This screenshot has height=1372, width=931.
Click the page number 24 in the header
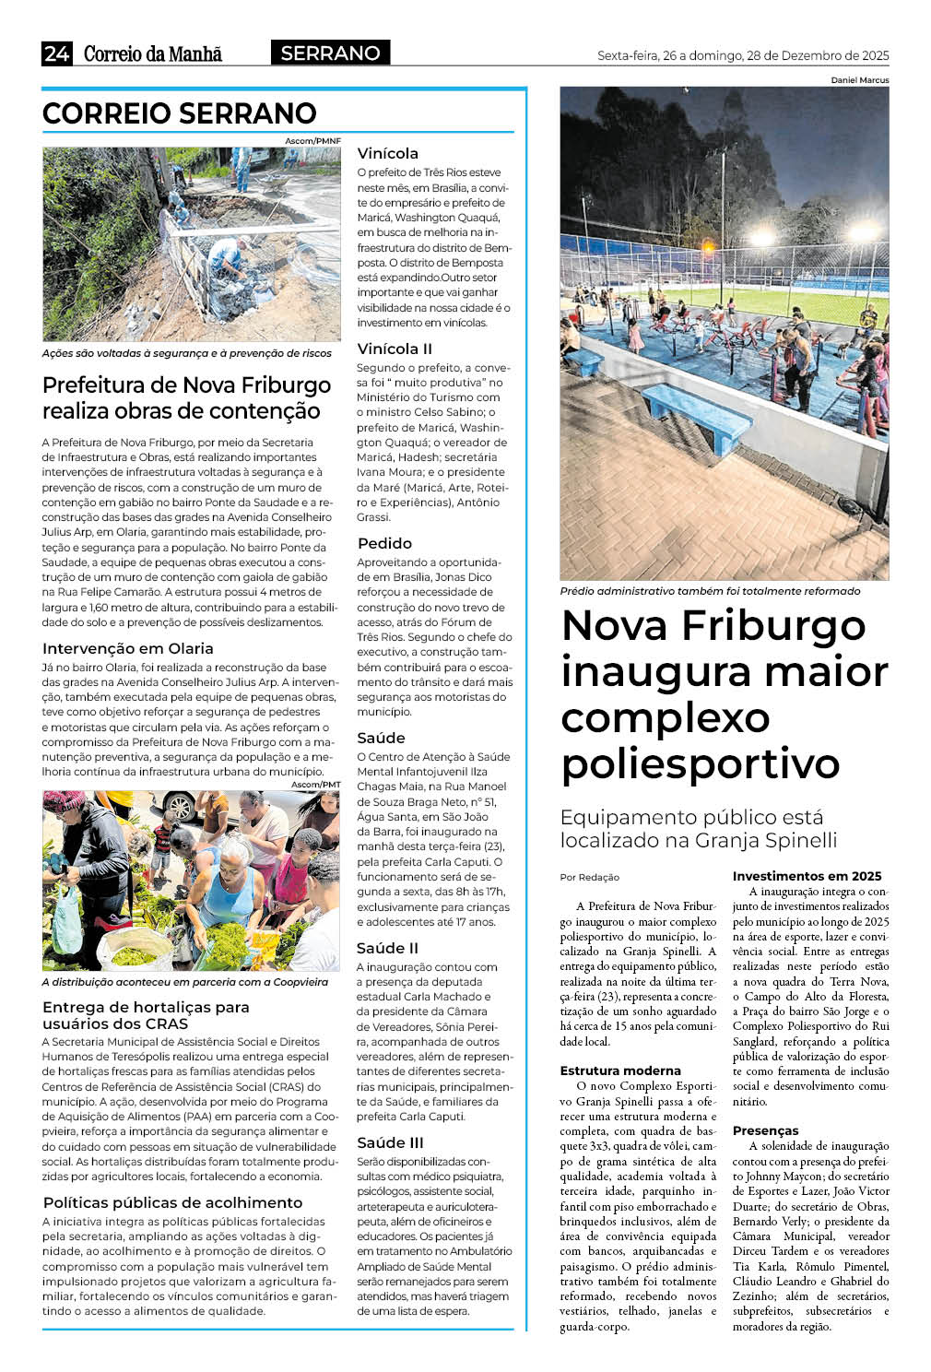point(56,53)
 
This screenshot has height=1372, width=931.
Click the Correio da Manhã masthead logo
point(153,54)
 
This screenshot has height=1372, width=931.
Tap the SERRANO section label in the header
point(330,53)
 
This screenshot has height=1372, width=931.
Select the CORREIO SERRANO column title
point(180,113)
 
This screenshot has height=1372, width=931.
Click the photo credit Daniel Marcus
point(859,80)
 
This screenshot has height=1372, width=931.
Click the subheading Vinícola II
point(395,349)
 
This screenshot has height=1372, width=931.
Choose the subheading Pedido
point(384,543)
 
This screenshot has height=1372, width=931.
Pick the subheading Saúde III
point(390,1142)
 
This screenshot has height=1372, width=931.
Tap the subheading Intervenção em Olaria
point(127,648)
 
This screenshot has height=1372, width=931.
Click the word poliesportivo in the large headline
point(701,763)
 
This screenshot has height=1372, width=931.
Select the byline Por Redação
point(590,877)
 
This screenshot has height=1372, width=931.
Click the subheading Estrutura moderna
point(620,1070)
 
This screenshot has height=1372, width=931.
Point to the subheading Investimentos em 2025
point(807,876)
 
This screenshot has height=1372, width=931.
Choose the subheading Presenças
point(765,1130)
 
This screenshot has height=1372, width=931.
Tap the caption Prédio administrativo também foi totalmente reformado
point(710,591)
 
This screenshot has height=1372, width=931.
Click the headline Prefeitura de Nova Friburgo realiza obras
point(186,397)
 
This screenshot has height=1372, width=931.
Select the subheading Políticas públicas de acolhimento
point(172,1202)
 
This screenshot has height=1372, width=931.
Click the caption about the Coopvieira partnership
point(184,982)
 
